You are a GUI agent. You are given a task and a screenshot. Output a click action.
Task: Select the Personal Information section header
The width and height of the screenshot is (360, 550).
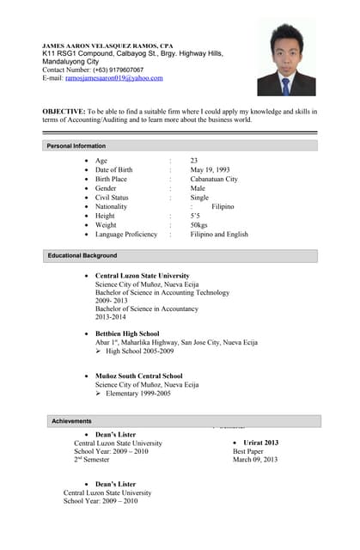(x=76, y=146)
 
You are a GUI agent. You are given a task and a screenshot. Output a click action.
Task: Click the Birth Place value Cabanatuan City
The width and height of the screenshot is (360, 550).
(x=214, y=180)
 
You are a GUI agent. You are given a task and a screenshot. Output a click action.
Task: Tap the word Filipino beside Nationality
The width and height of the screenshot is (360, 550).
(x=223, y=207)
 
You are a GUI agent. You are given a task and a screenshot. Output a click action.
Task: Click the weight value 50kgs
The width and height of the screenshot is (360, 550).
(x=204, y=225)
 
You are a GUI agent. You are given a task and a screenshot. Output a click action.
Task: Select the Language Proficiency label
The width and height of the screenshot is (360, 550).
(x=126, y=235)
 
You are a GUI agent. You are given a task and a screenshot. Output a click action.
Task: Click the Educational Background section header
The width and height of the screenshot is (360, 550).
(x=82, y=256)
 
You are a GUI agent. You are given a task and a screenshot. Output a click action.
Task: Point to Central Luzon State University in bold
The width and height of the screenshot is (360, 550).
(x=142, y=276)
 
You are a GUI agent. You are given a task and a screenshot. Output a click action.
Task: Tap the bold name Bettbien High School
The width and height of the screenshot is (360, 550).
(x=127, y=333)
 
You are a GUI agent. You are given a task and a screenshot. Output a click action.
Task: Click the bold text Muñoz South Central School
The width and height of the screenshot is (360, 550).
(x=138, y=376)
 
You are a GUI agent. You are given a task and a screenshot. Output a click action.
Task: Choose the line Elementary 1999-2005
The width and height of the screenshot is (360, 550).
(x=138, y=394)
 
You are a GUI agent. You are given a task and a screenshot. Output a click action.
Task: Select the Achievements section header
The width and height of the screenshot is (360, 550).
(x=71, y=421)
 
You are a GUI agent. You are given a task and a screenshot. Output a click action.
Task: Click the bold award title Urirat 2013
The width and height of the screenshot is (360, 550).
(x=255, y=443)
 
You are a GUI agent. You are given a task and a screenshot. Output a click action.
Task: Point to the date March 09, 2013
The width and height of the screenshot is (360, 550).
(x=255, y=460)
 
